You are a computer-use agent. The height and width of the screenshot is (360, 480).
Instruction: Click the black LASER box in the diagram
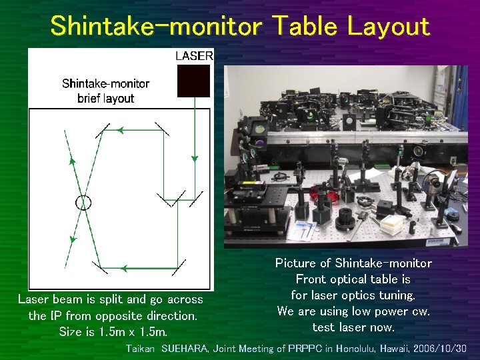(193, 81)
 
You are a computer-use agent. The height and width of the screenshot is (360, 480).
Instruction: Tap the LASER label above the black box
(194, 56)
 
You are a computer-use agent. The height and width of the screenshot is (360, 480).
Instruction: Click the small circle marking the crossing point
(83, 201)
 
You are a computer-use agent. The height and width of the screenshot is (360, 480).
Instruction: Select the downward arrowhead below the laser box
(194, 159)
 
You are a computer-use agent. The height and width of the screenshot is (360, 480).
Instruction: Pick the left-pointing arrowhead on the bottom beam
(123, 269)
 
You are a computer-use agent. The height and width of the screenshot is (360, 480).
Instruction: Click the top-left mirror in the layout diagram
(102, 130)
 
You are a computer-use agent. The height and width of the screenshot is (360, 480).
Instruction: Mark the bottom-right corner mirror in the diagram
(176, 268)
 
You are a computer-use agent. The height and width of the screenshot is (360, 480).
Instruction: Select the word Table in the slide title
(303, 27)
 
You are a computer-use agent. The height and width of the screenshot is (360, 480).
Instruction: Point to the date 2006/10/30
(439, 349)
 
